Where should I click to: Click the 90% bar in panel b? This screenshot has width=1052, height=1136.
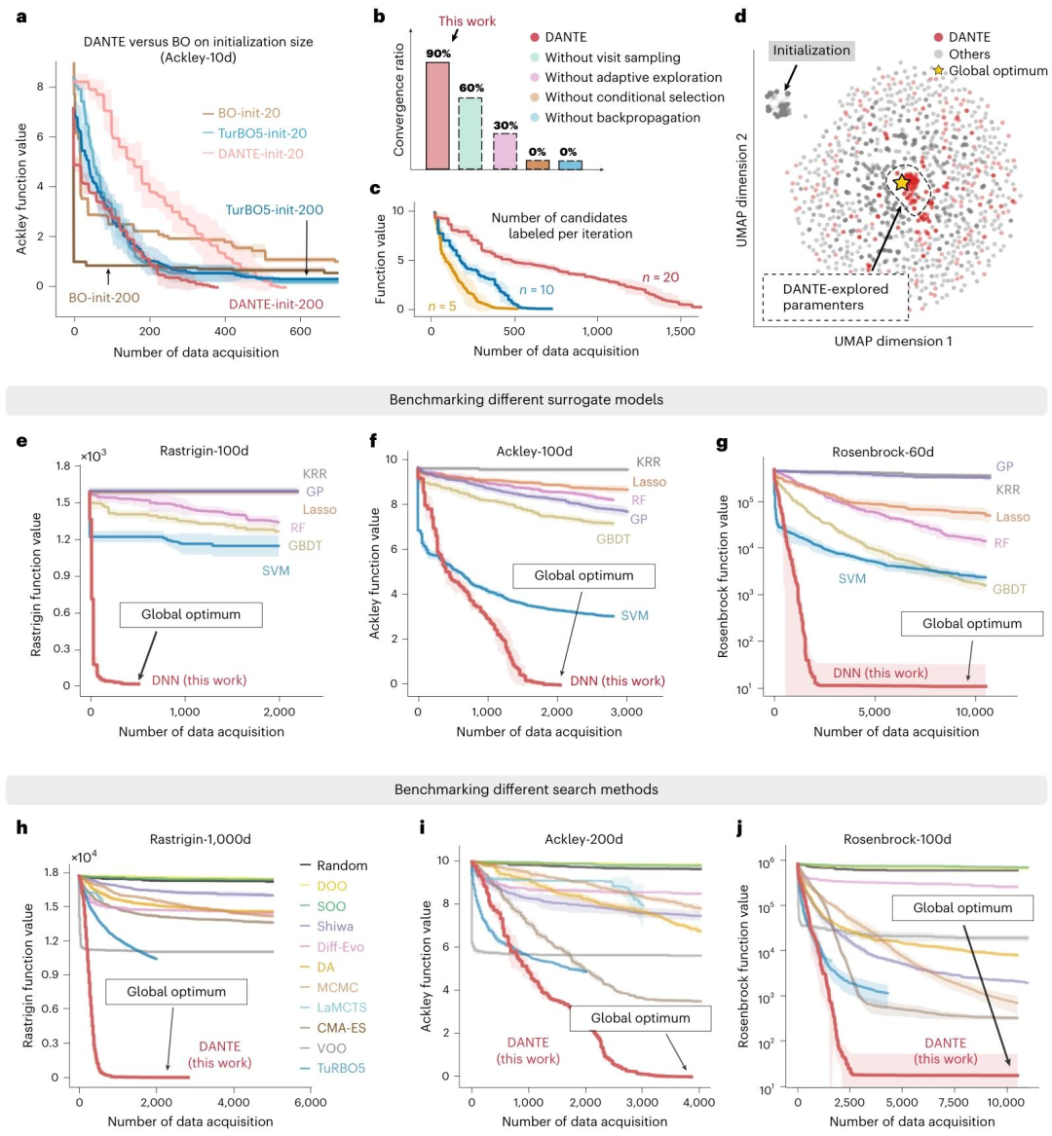(x=438, y=116)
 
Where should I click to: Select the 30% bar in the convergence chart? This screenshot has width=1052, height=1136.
(x=505, y=152)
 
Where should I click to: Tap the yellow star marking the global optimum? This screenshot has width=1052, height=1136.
(x=902, y=182)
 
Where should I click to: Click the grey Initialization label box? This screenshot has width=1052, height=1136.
(x=811, y=51)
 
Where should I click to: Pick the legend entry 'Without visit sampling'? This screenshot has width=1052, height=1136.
(x=613, y=57)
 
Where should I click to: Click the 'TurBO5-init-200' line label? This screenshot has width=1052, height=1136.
(x=275, y=209)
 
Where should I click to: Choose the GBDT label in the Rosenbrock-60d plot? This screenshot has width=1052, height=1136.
(x=1012, y=589)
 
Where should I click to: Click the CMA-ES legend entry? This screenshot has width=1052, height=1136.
(x=341, y=1028)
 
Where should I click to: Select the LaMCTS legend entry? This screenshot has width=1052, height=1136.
(x=341, y=1008)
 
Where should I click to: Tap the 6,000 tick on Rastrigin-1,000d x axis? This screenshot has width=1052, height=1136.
(x=310, y=1103)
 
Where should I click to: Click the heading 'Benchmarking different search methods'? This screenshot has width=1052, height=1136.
(x=526, y=789)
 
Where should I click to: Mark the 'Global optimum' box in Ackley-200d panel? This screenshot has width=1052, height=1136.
(x=640, y=1018)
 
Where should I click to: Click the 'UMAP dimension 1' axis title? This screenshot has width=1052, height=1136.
(x=893, y=341)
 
